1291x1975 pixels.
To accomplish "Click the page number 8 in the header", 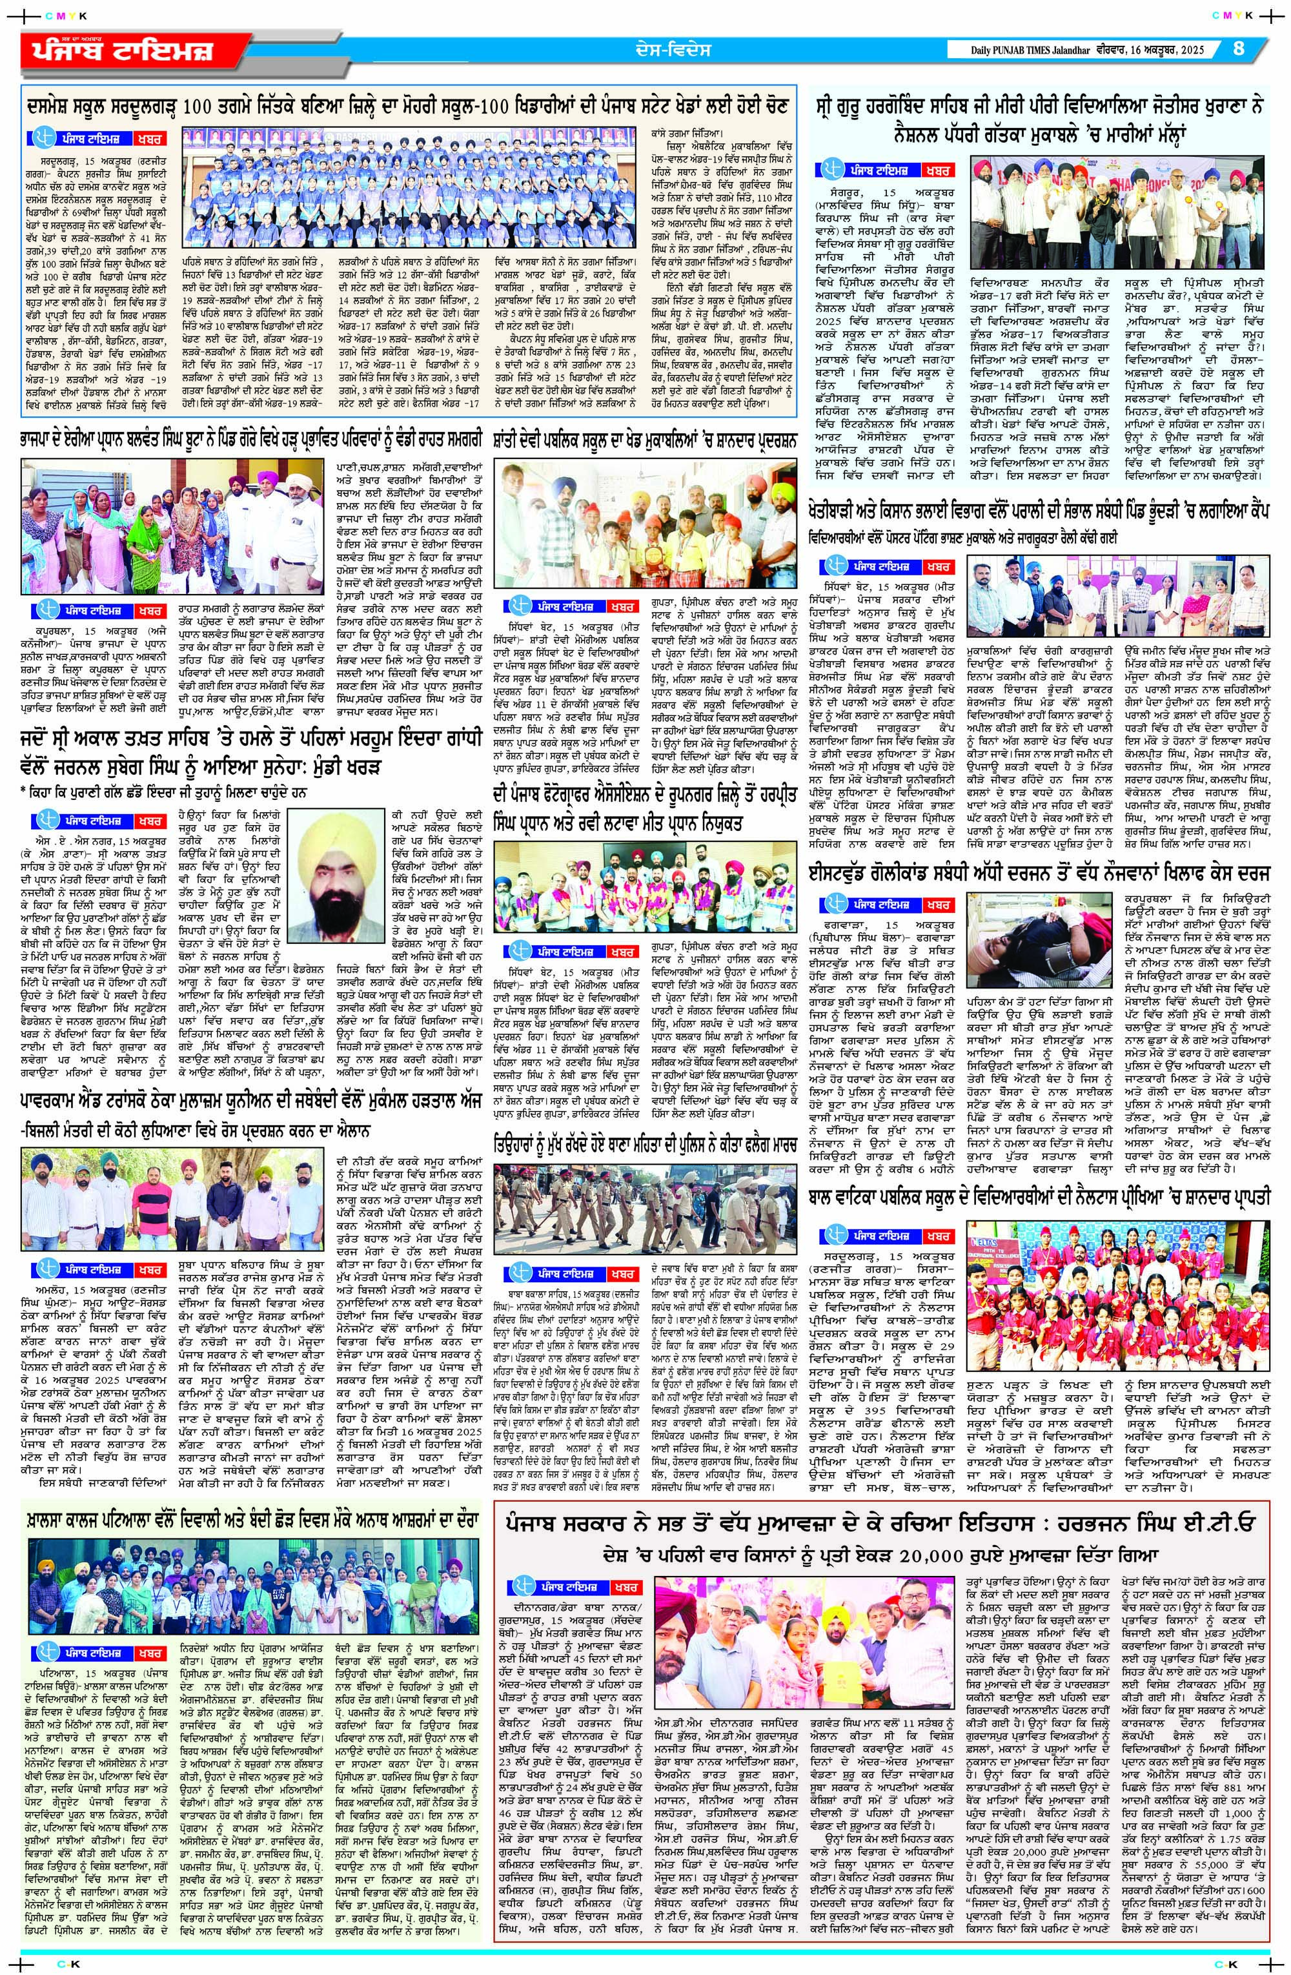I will click(x=1239, y=48).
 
